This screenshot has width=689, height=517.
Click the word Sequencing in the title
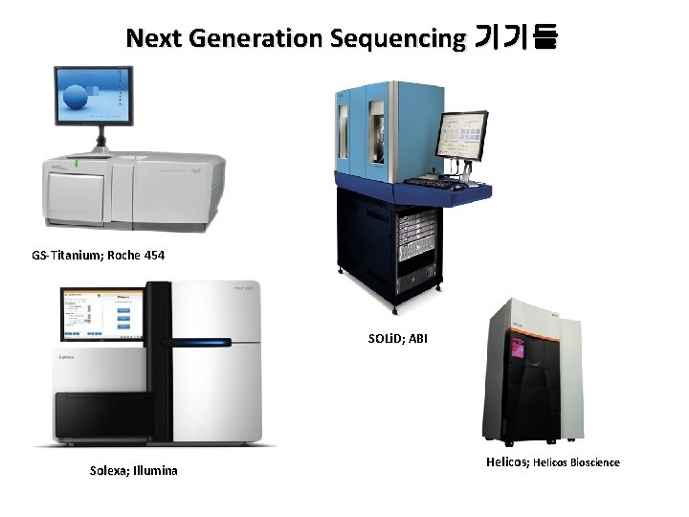coord(397,38)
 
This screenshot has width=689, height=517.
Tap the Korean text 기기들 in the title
coord(516,38)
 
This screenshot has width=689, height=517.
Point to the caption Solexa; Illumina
coord(133,470)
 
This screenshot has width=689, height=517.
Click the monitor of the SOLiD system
coord(462,136)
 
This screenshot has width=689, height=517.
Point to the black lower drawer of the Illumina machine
coord(100,414)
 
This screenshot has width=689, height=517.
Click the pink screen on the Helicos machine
coord(518,348)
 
